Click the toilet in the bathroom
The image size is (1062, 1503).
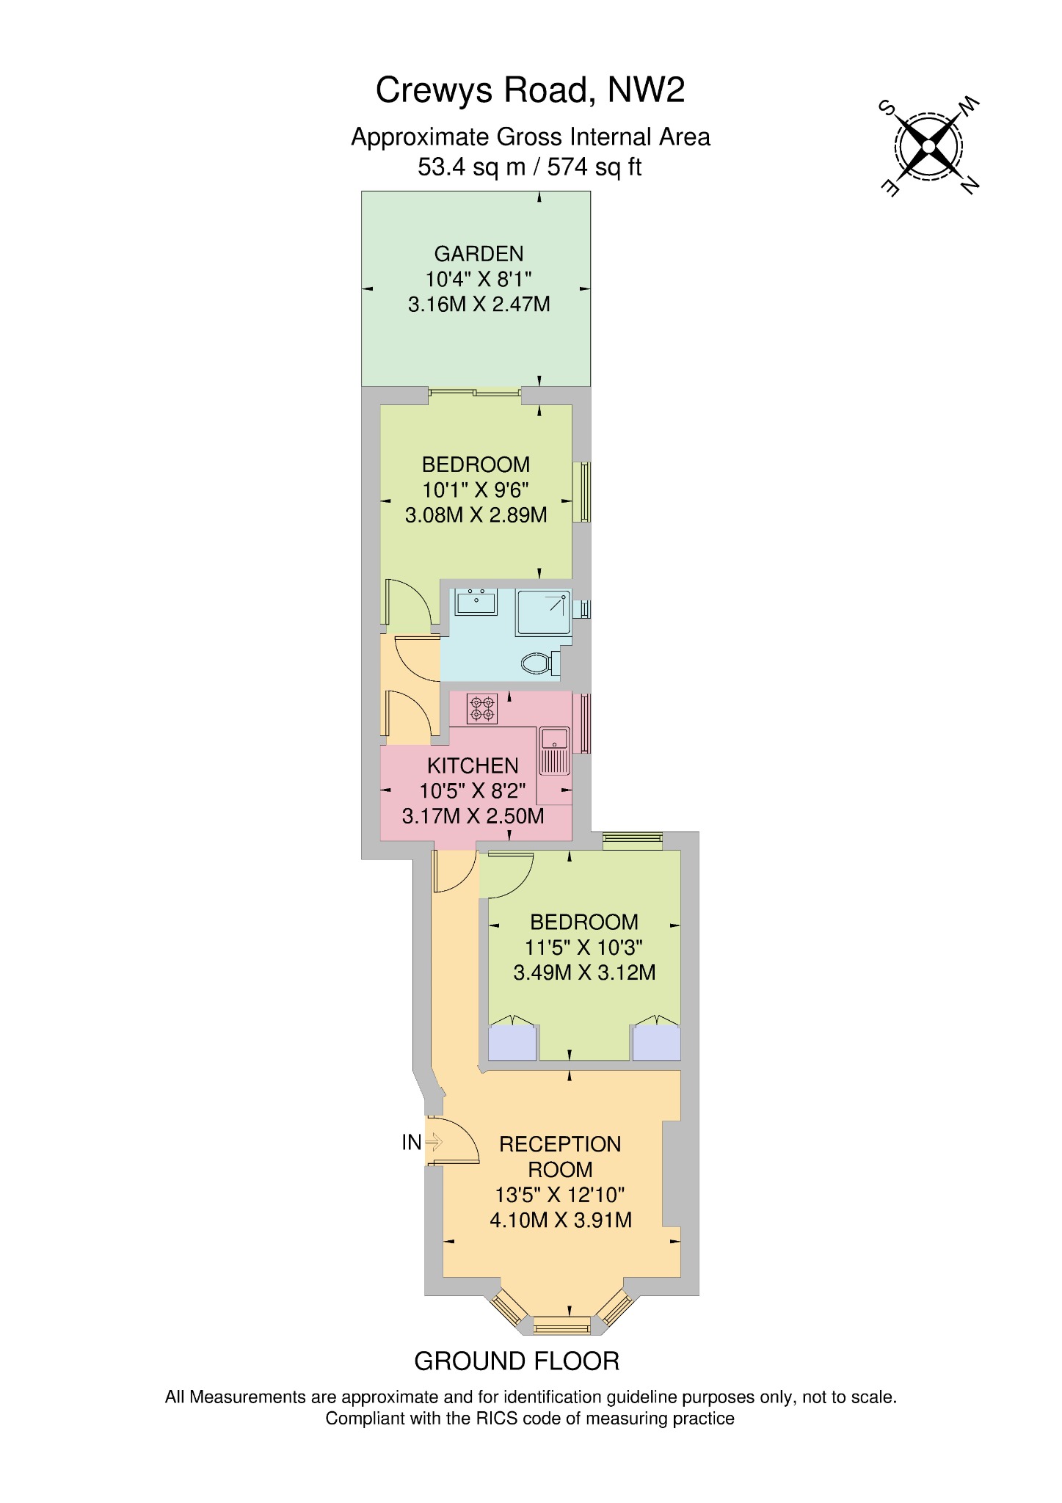[542, 663]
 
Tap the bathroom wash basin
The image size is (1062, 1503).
[476, 602]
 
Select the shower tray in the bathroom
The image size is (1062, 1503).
[544, 613]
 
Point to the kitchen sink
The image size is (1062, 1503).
[554, 751]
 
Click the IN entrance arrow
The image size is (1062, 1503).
[433, 1142]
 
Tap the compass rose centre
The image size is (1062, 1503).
[928, 147]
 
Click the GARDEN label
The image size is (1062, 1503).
[479, 254]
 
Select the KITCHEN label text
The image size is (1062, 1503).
[473, 765]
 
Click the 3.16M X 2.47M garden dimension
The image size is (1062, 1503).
[479, 304]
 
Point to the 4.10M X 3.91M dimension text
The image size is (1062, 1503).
[561, 1220]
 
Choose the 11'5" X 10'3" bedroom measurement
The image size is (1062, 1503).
[584, 947]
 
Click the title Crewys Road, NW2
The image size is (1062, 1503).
[530, 90]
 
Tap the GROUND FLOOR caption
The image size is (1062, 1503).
[517, 1361]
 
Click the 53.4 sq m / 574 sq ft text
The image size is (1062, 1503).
[530, 167]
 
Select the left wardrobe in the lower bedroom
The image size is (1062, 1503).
[513, 1043]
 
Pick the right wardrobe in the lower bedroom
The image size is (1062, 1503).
[657, 1043]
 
